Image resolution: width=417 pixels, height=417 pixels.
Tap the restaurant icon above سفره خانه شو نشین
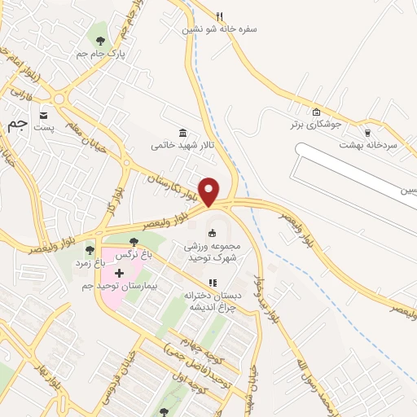point(219,15)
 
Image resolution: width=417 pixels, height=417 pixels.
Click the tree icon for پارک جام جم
point(100,41)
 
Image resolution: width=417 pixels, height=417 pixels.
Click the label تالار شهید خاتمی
point(182,146)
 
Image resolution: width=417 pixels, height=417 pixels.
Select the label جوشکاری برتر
point(314,125)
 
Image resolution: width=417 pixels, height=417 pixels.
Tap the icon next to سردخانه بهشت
point(368,132)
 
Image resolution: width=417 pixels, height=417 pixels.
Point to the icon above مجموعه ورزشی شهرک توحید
point(213,234)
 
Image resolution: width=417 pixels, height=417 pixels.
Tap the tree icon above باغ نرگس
point(134,242)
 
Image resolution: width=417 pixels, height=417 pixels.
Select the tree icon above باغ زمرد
point(90,249)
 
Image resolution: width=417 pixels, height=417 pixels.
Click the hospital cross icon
point(120,272)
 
